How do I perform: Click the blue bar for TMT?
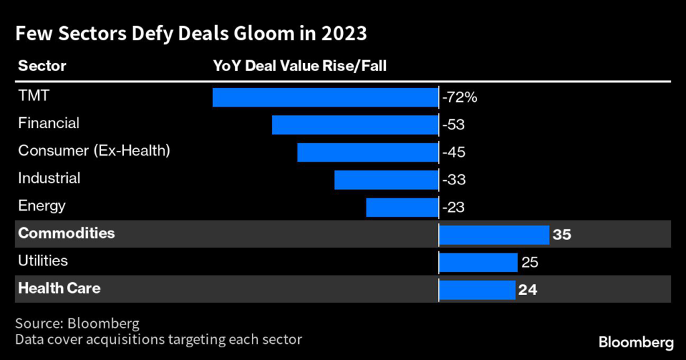tap(325, 97)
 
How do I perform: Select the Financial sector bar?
tap(355, 125)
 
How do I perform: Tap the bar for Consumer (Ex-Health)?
tap(367, 152)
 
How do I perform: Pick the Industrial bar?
tap(386, 180)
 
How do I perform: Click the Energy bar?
tap(402, 207)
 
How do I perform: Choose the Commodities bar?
tap(494, 235)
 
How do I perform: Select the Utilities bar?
tap(478, 262)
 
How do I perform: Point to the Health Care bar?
tap(477, 290)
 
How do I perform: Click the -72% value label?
tap(460, 97)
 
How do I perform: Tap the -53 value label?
tap(454, 125)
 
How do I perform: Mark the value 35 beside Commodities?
tap(561, 235)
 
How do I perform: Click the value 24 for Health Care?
tap(528, 290)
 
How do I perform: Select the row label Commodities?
tap(66, 233)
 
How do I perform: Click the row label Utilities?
tap(43, 261)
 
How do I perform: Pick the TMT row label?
tap(33, 96)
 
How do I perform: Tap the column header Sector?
tap(42, 66)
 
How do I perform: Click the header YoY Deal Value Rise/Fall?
tap(299, 66)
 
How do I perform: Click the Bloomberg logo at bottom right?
tap(635, 342)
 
